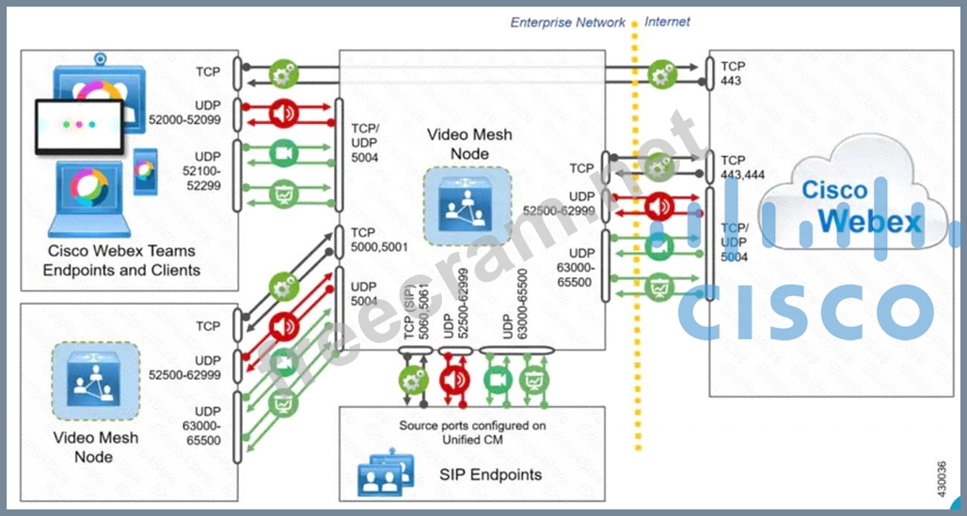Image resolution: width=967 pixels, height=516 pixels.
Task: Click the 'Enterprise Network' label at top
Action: tap(567, 22)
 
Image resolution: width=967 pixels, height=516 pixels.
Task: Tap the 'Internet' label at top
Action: tap(667, 21)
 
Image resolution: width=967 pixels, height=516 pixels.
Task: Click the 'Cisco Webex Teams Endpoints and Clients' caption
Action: tap(122, 260)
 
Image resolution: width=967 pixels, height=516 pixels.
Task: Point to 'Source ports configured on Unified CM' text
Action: tap(472, 432)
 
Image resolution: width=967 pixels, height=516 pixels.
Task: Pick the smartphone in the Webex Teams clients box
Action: tap(144, 172)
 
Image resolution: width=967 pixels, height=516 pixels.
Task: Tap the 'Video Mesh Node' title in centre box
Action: tap(469, 143)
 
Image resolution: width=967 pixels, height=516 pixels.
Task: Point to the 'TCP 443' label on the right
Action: tap(731, 73)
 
